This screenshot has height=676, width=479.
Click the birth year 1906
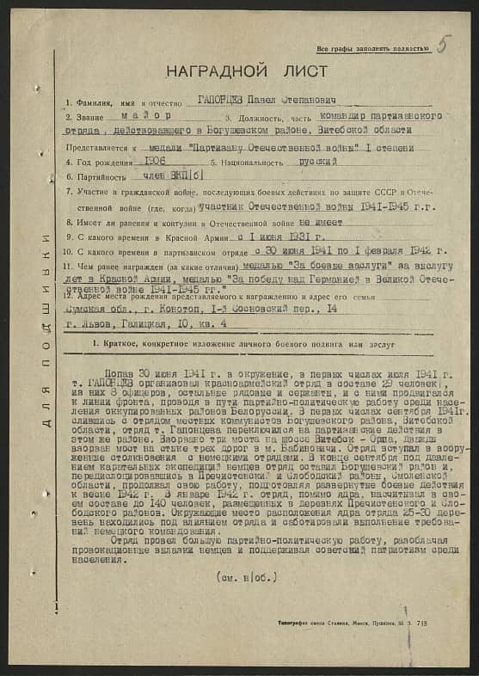coord(156,160)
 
